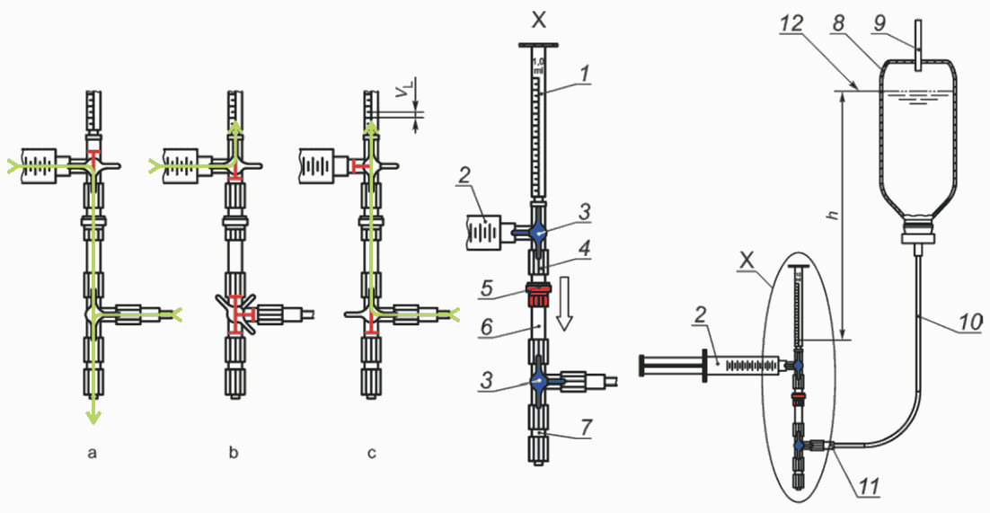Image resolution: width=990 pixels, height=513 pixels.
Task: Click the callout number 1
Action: tap(585, 74)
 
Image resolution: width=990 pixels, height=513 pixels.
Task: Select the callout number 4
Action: tap(586, 249)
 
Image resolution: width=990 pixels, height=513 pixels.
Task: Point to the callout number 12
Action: tap(791, 24)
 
